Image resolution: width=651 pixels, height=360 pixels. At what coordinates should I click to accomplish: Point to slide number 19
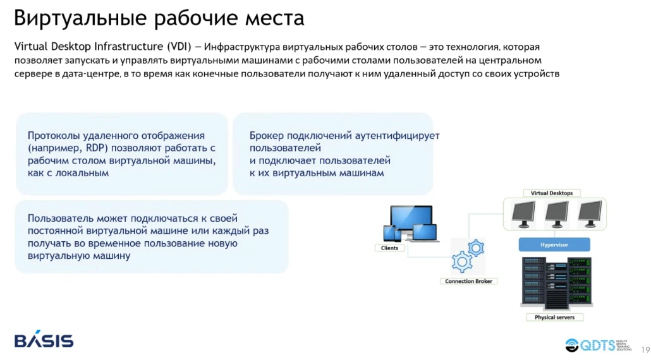coord(645,350)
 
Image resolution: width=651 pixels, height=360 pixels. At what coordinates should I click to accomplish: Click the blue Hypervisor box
coord(554,244)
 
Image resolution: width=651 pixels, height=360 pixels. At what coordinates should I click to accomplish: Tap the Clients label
coord(390,248)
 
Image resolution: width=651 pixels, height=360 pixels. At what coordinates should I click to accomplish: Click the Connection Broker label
coord(468,281)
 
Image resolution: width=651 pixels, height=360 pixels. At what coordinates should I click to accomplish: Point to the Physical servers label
coord(554,317)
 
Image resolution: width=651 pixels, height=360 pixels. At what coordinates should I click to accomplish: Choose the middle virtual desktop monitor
coord(557,213)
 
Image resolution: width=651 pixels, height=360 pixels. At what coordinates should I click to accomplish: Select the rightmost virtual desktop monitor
coord(589,213)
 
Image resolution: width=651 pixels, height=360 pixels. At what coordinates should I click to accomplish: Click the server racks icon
coord(554,282)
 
